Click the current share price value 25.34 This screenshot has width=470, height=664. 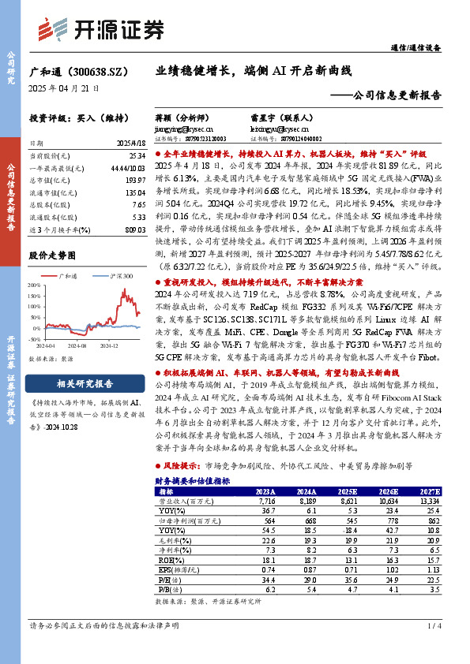[134, 157]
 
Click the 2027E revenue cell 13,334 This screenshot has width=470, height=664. [430, 500]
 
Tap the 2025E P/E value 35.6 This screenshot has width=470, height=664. [348, 579]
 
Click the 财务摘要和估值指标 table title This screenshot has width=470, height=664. [192, 479]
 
